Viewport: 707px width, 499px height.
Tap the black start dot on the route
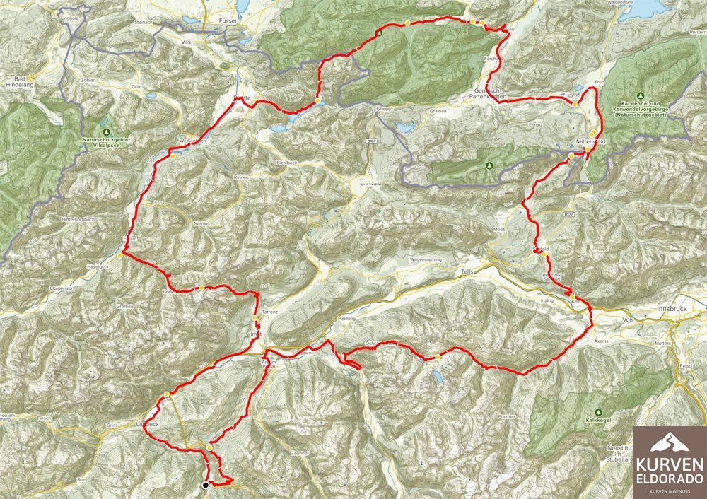(x=205, y=485)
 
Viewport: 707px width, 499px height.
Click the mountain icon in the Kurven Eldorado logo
(x=668, y=443)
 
